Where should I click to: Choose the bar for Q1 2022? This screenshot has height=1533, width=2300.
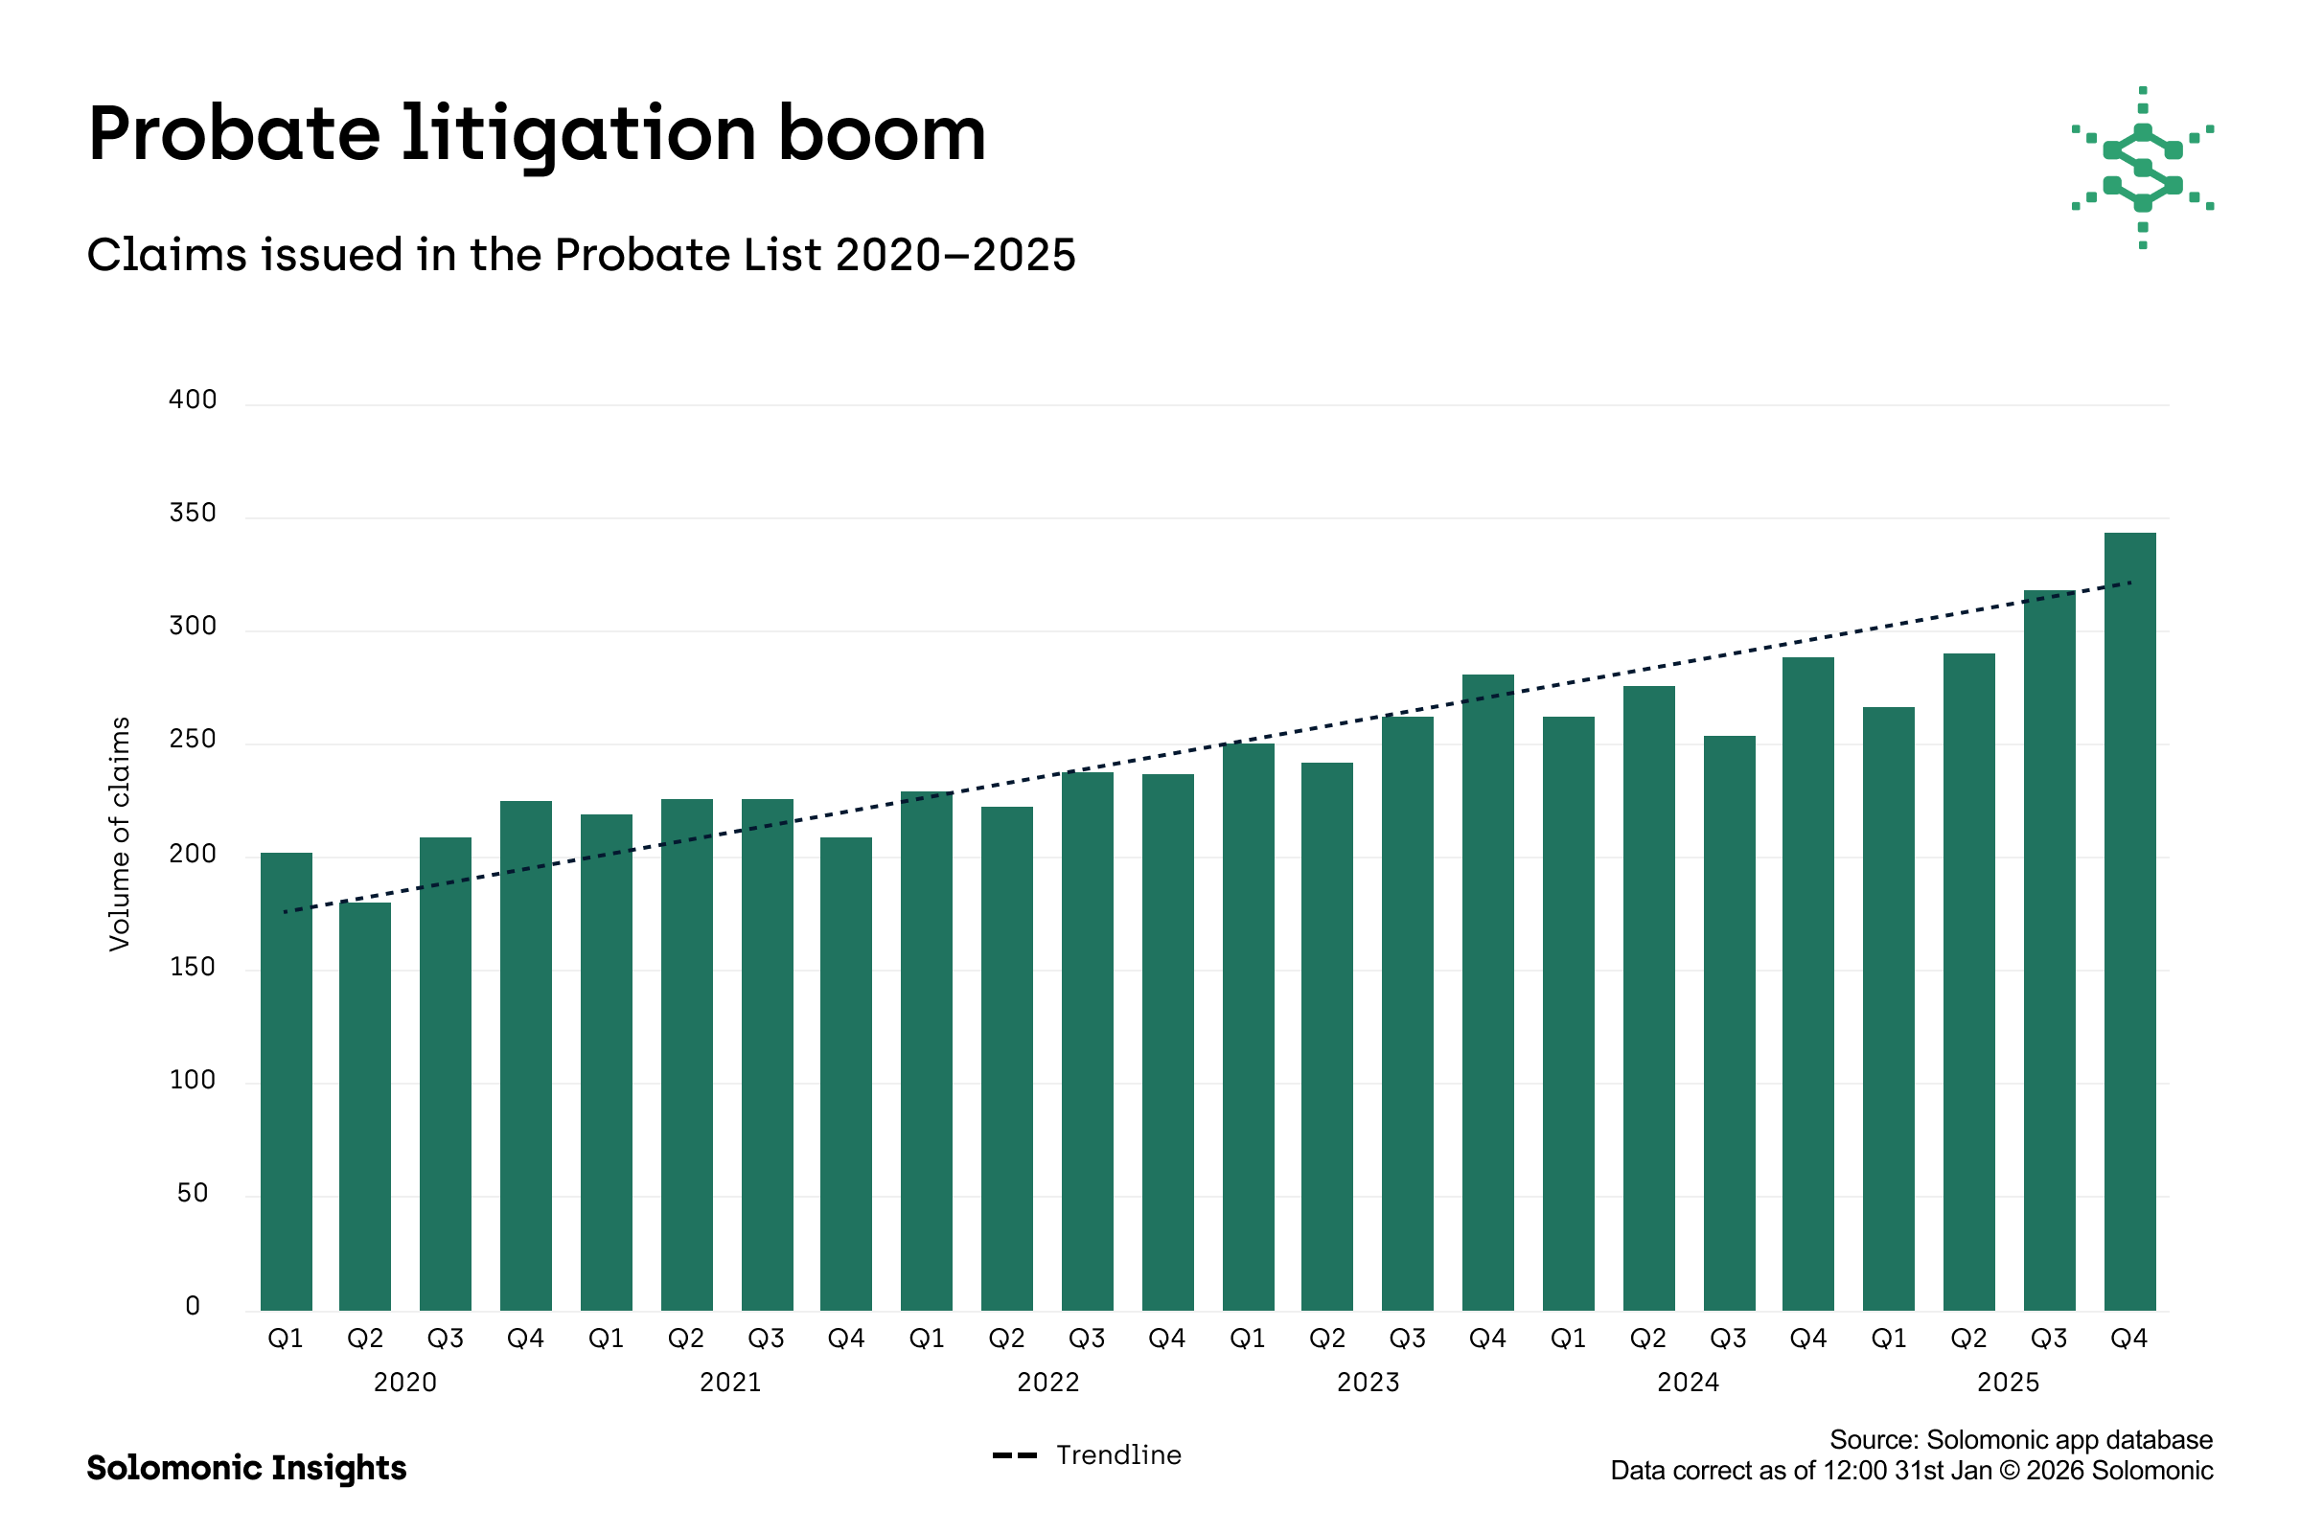pyautogui.click(x=926, y=1051)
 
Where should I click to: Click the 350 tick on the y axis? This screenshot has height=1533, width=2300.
pyautogui.click(x=193, y=514)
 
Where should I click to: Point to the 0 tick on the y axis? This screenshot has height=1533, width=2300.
pyautogui.click(x=193, y=1306)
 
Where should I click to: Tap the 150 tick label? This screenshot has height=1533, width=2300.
pyautogui.click(x=193, y=967)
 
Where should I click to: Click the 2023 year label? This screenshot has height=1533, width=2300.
pyautogui.click(x=1368, y=1383)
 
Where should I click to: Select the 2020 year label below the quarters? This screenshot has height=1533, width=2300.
pyautogui.click(x=404, y=1383)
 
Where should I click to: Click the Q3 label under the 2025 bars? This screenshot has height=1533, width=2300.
pyautogui.click(x=2049, y=1339)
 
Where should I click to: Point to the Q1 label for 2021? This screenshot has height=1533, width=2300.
pyautogui.click(x=607, y=1339)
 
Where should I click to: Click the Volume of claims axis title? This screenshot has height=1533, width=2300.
pyautogui.click(x=119, y=834)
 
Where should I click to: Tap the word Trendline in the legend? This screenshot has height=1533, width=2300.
pyautogui.click(x=1117, y=1454)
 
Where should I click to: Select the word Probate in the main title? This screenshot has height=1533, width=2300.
pyautogui.click(x=234, y=134)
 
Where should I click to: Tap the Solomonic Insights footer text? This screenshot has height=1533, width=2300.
pyautogui.click(x=246, y=1468)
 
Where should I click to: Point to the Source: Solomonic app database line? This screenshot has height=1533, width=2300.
pyautogui.click(x=2020, y=1439)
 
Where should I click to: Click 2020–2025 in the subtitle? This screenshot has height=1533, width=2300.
pyautogui.click(x=955, y=255)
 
